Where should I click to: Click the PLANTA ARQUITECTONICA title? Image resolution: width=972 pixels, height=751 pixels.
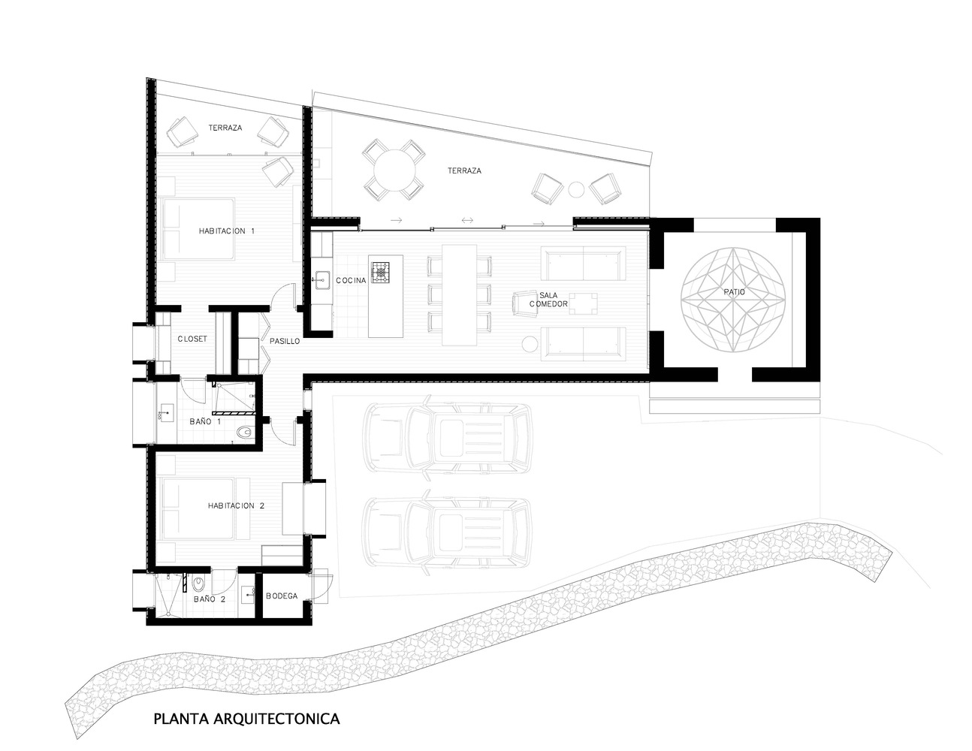246,719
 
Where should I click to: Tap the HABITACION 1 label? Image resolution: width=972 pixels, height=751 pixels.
226,231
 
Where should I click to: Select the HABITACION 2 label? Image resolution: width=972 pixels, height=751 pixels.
236,505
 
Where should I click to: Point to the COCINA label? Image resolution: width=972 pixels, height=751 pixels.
351,280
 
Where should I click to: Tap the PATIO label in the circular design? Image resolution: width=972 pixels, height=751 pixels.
734,292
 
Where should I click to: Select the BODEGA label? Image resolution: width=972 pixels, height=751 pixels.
282,596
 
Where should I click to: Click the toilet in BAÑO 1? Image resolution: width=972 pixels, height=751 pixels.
244,433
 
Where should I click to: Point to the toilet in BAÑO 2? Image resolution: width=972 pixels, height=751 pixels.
198,583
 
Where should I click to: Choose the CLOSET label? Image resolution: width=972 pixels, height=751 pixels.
192,339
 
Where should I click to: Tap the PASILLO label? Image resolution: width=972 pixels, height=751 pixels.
285,341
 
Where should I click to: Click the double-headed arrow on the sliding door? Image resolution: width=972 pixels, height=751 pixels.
467,220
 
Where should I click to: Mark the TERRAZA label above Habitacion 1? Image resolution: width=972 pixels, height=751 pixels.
225,128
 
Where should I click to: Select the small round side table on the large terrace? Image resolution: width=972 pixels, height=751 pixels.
576,189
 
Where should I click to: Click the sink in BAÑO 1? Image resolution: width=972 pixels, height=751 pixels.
166,412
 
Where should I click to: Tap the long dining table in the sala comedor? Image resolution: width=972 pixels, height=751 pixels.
460,295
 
